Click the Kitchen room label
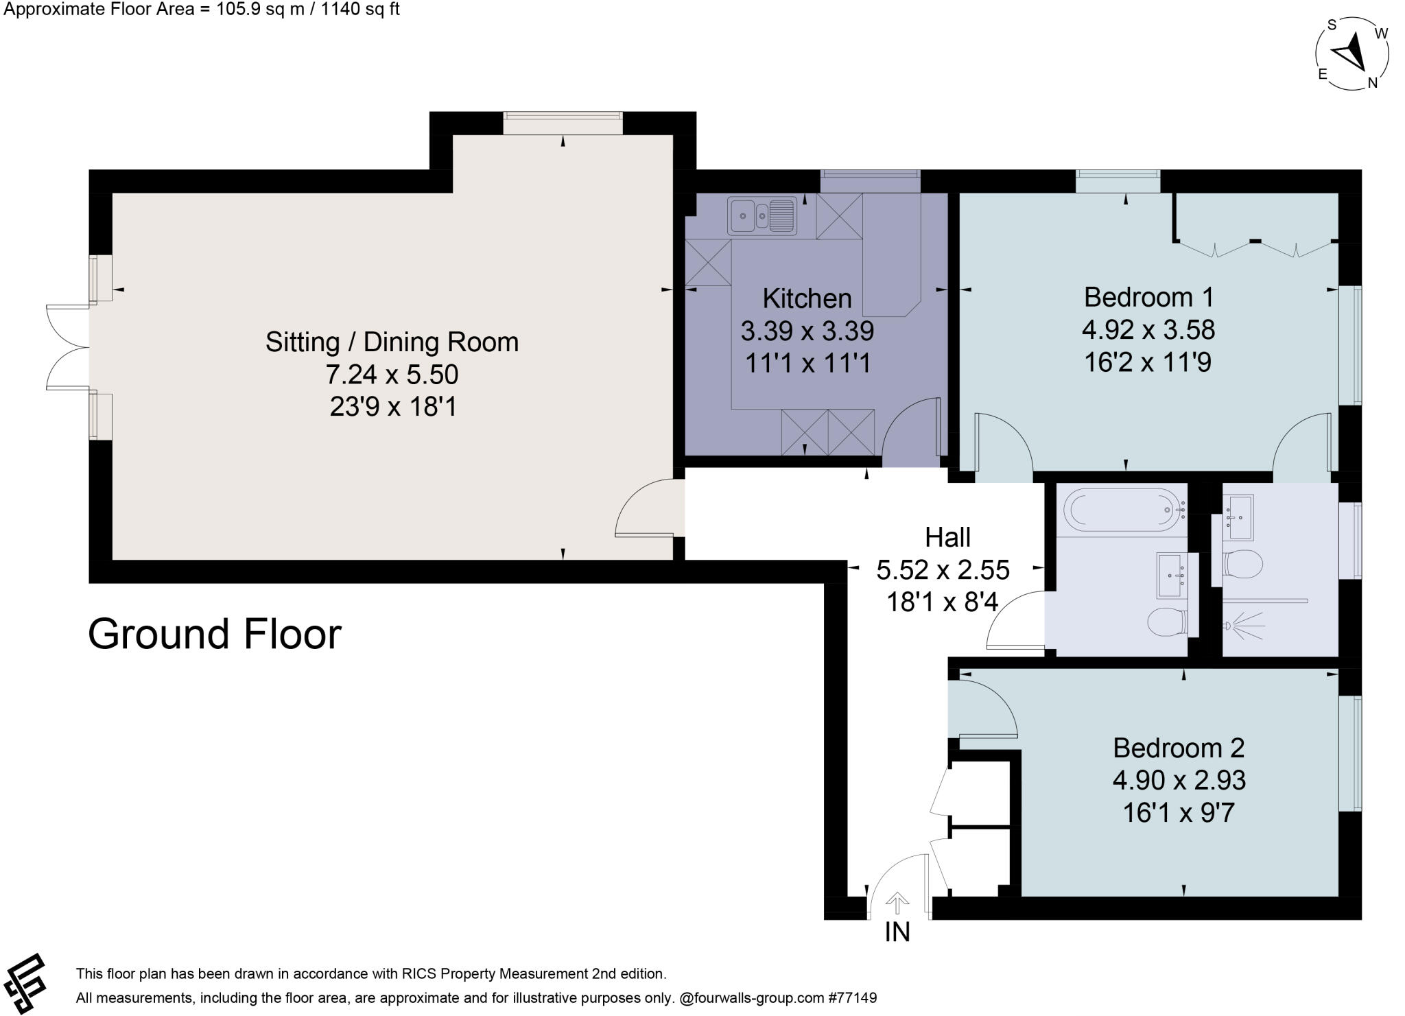click(807, 298)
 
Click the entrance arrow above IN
click(897, 903)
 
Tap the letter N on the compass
click(1373, 83)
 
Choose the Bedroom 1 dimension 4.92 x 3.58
click(1148, 330)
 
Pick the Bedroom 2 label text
click(1179, 747)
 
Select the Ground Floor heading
click(214, 634)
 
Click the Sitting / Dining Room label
click(392, 342)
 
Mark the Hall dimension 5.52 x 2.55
click(943, 570)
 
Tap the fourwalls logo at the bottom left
click(23, 983)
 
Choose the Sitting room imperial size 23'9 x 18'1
click(393, 407)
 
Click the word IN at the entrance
click(897, 932)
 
